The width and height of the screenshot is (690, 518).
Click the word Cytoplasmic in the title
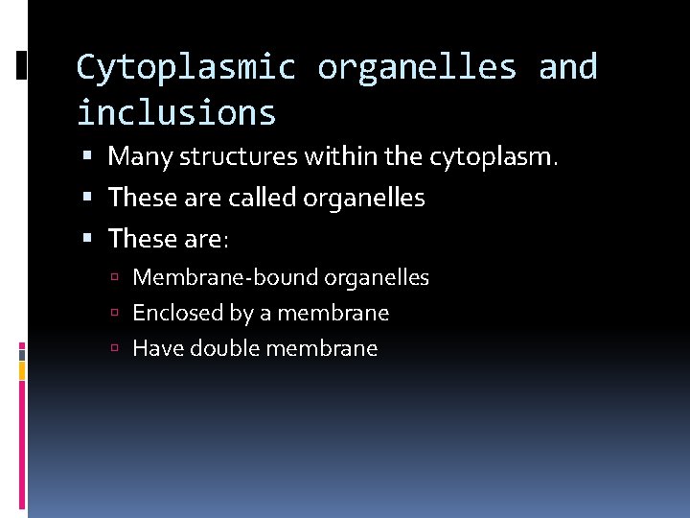[x=187, y=67]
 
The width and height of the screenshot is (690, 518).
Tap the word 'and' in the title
[x=567, y=67]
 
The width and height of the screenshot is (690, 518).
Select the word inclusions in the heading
[x=176, y=113]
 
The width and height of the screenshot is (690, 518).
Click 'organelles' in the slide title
[x=417, y=67]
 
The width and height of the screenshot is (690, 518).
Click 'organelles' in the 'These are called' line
[x=364, y=198]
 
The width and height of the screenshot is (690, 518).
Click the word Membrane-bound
[x=225, y=278]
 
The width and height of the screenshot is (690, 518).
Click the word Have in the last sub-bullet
[x=158, y=348]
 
